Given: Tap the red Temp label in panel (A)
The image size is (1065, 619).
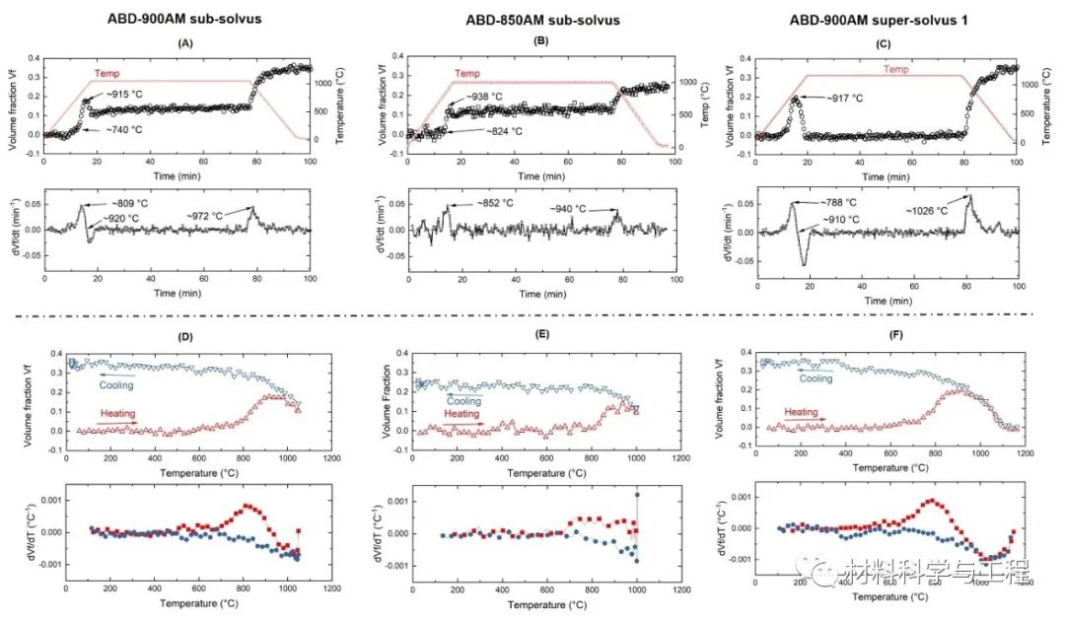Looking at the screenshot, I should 107,73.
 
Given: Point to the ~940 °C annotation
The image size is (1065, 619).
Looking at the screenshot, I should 581,209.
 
